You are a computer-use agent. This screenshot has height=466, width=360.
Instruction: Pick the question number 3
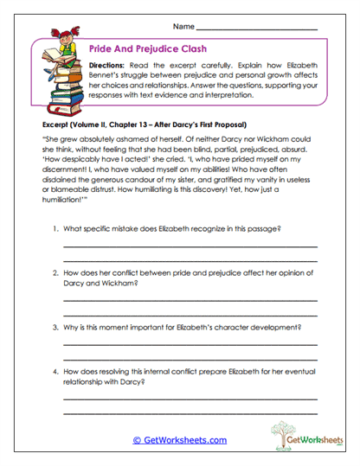[x=55, y=329]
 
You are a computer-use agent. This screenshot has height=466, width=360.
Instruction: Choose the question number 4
[x=55, y=373]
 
